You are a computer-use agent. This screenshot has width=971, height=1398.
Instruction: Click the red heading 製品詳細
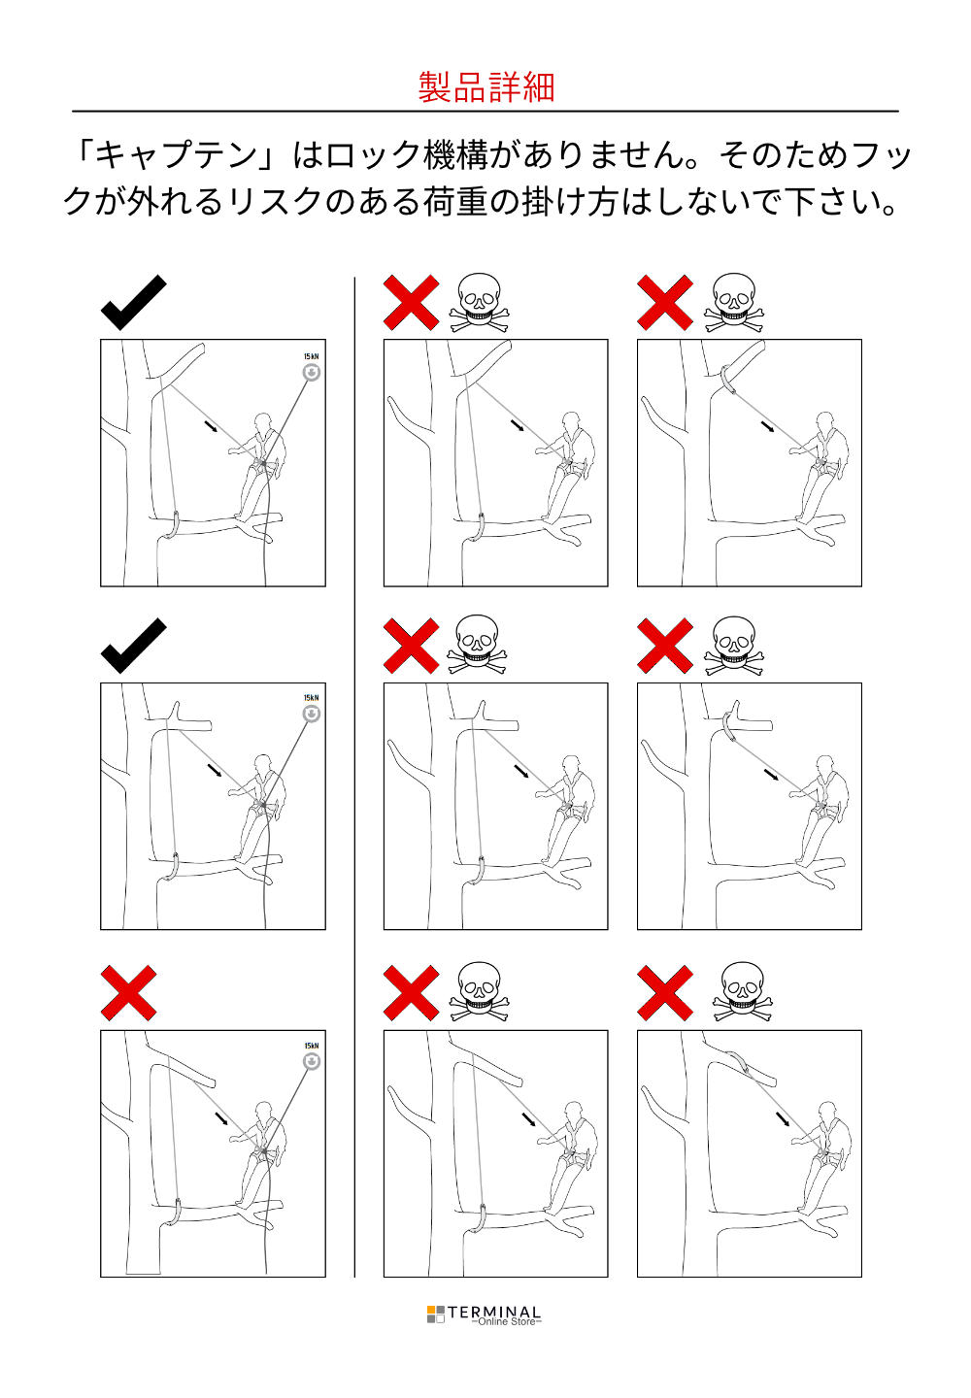[x=486, y=86]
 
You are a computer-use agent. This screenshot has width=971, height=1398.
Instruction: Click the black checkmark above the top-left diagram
[x=134, y=302]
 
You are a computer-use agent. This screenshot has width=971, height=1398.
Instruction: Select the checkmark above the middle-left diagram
[x=134, y=646]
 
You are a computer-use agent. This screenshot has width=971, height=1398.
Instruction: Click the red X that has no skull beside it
[x=128, y=992]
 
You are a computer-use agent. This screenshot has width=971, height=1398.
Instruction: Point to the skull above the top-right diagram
[x=734, y=303]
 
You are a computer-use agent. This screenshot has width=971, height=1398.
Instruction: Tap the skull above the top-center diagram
[x=480, y=302]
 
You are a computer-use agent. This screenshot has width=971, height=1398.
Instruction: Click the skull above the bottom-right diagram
[x=742, y=992]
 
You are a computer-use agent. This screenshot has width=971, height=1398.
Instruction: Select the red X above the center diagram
[x=412, y=646]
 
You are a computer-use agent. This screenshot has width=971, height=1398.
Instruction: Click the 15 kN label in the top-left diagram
[x=312, y=356]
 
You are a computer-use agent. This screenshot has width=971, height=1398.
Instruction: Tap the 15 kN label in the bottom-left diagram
[x=312, y=1046]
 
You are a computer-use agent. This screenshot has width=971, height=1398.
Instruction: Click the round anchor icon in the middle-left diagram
[x=312, y=714]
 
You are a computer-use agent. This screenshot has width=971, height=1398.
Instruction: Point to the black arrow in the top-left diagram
[x=213, y=426]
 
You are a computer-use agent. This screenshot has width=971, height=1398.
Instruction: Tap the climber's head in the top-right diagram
[x=825, y=421]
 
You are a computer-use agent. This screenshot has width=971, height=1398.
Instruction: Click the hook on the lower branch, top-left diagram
[x=171, y=525]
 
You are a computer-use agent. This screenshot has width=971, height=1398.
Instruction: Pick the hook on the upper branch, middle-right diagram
[x=728, y=724]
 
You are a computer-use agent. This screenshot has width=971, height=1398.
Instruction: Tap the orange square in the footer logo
[x=431, y=1309]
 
